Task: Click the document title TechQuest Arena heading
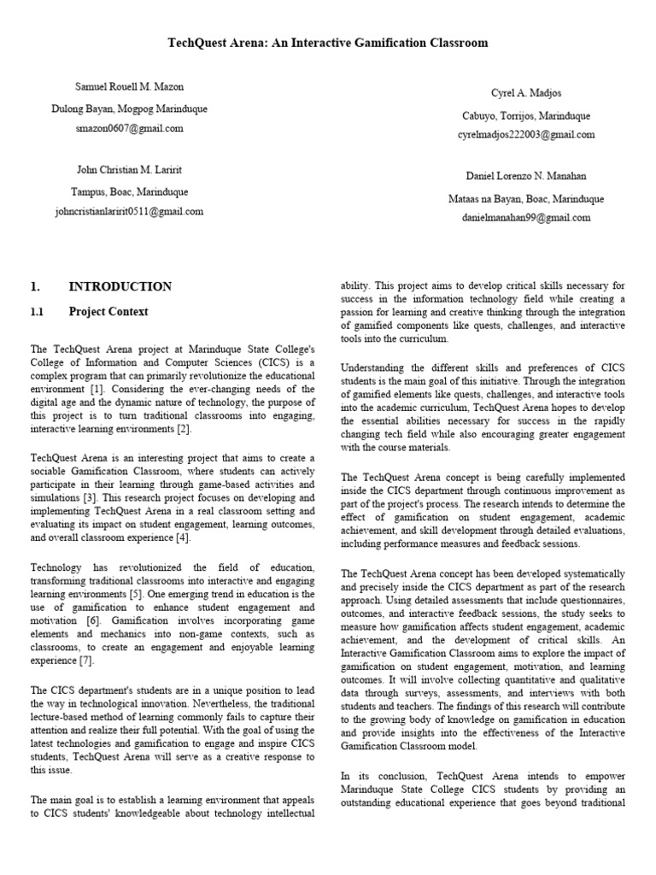pyautogui.click(x=327, y=43)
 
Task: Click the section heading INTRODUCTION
pyautogui.click(x=120, y=287)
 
